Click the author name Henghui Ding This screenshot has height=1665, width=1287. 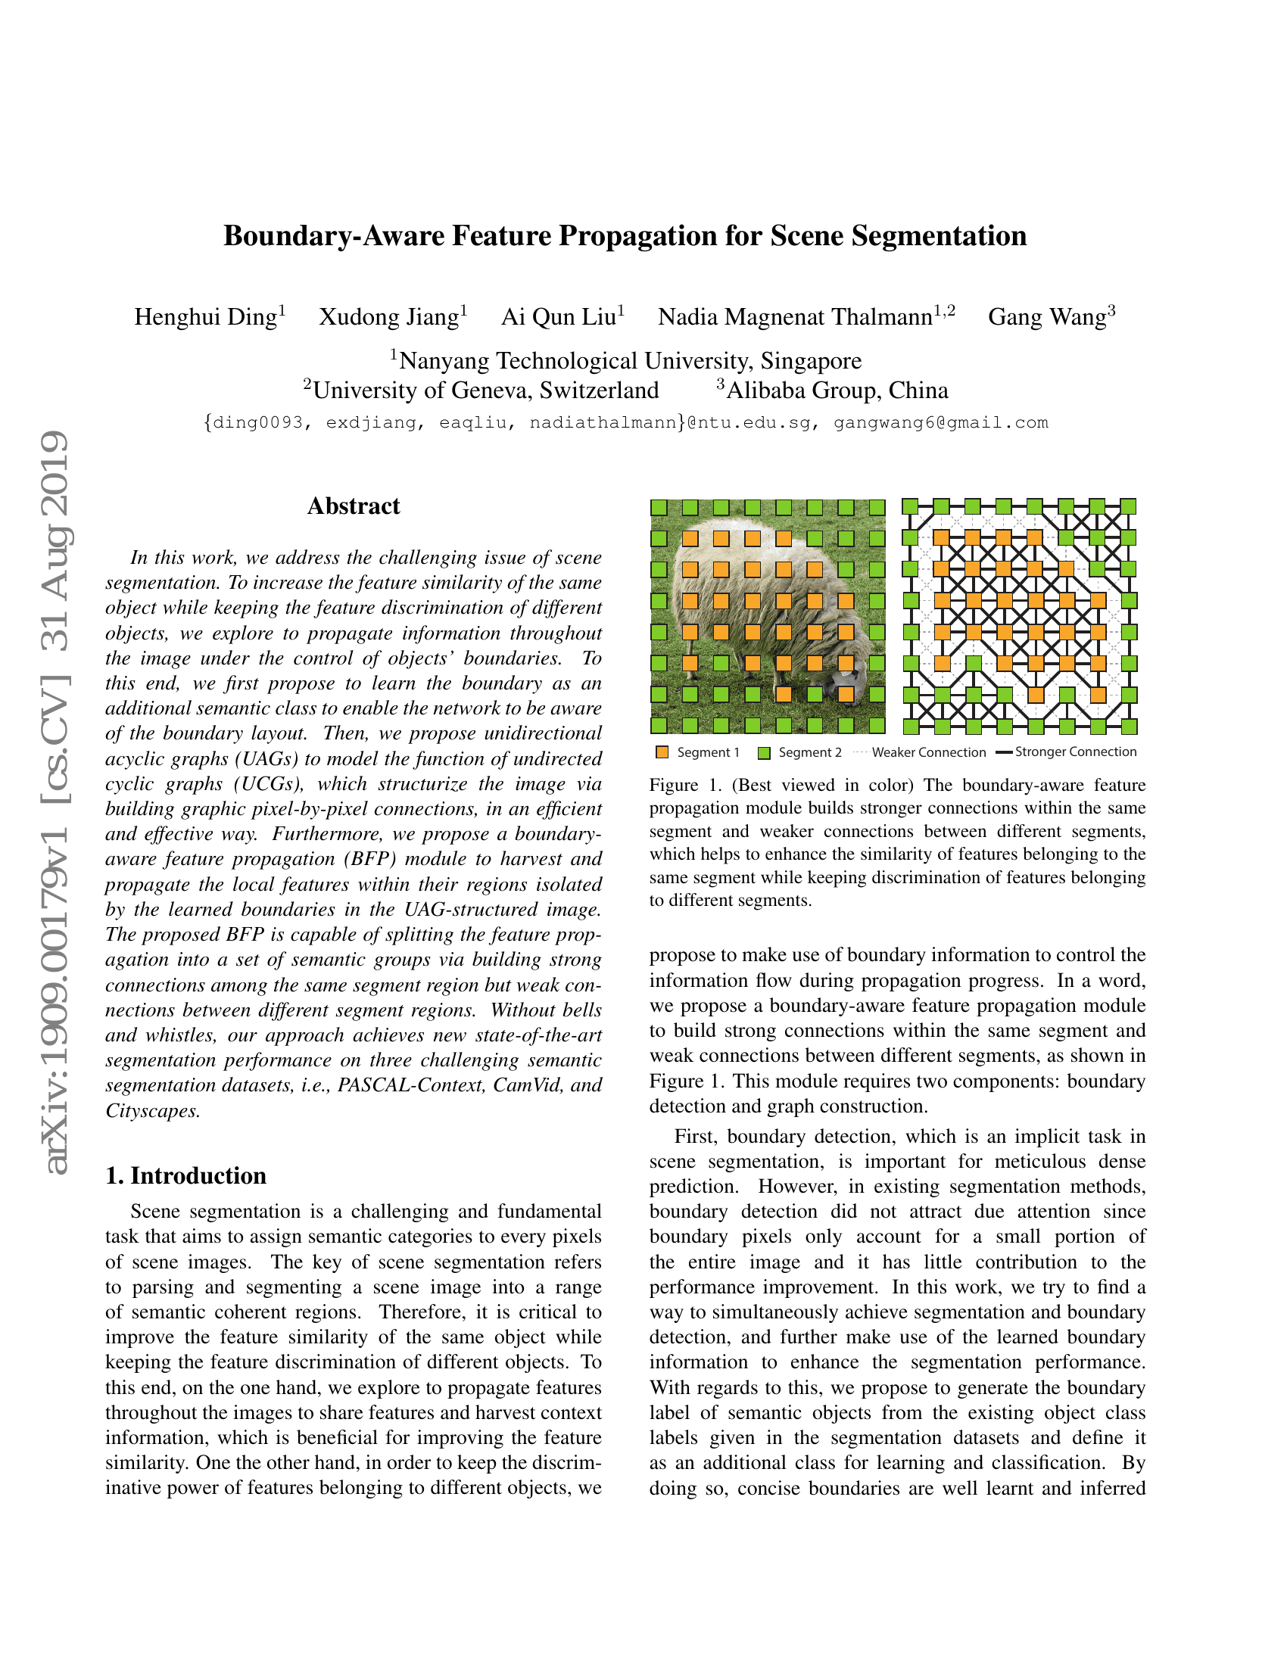tap(205, 316)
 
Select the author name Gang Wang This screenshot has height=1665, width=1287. tap(1047, 316)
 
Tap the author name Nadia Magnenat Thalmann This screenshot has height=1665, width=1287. tap(795, 316)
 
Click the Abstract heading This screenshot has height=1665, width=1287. tap(353, 506)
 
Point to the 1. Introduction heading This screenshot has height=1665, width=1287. tap(186, 1175)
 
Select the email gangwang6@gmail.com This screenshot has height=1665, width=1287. tap(941, 422)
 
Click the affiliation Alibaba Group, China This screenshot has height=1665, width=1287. tap(837, 391)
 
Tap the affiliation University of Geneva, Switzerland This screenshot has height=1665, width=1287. tap(486, 391)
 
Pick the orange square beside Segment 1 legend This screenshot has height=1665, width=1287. tap(662, 752)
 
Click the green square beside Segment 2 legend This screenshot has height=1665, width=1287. tap(764, 752)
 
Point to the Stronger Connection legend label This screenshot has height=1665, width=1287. tap(1075, 752)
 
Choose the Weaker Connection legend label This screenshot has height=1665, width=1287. tap(929, 752)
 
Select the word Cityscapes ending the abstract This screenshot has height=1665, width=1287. tap(151, 1111)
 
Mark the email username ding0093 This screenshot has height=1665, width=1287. tap(257, 422)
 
